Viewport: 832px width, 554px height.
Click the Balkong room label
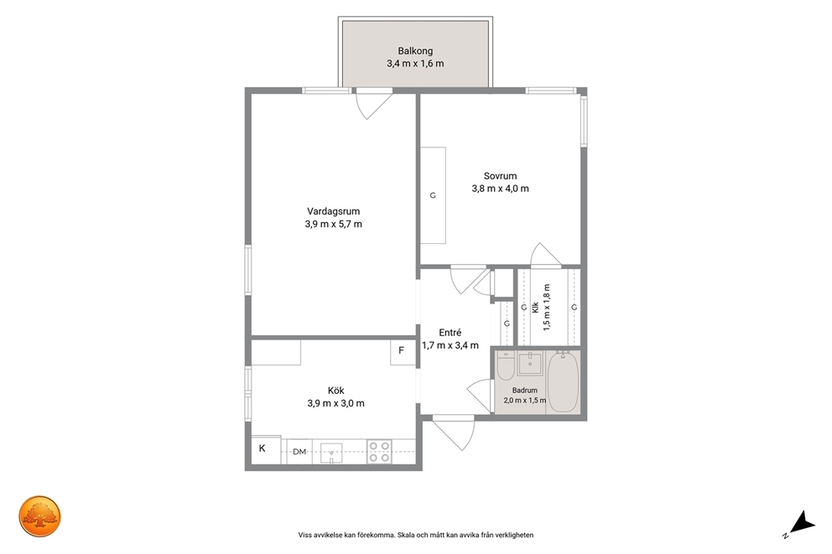[x=415, y=51]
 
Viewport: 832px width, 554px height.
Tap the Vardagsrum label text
[x=333, y=211]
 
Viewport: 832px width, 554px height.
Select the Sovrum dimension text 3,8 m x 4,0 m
[x=501, y=189]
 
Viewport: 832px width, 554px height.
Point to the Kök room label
[x=335, y=391]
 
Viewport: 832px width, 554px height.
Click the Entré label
[x=450, y=333]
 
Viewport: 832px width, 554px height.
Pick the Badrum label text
[x=525, y=391]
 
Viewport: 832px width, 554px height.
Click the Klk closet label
[x=535, y=308]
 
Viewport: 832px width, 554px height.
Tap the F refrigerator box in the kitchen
[x=403, y=351]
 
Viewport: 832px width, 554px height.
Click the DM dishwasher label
[x=299, y=452]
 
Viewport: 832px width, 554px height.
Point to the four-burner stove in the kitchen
[x=380, y=452]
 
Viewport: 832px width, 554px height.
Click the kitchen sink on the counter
[x=331, y=453]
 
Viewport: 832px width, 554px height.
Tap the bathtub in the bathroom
[x=563, y=381]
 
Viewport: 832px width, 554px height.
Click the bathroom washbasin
[x=530, y=363]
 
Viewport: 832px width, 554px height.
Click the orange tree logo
[x=40, y=516]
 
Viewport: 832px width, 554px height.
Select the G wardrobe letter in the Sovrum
[x=433, y=195]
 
